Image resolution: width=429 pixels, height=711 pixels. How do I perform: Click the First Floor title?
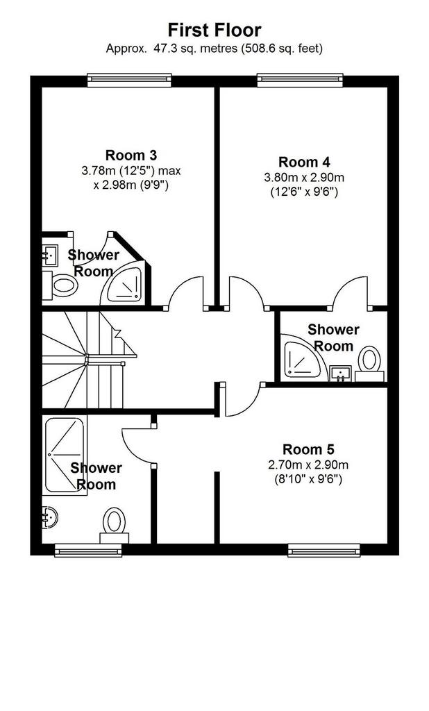coord(214,30)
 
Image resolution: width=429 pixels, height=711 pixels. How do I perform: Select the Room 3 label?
coord(131,155)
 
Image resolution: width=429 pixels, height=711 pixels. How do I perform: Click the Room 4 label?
coord(304,162)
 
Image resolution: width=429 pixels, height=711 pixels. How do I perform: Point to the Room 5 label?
coord(308,449)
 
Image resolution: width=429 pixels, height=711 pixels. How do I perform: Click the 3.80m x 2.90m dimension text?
coord(304,177)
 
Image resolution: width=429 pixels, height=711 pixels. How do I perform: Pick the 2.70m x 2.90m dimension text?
coord(308,465)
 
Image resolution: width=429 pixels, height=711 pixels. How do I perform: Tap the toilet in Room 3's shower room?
coord(60,285)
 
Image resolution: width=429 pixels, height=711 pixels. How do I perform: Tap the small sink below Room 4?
coord(341,373)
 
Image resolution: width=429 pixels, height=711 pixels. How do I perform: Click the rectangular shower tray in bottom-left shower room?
coord(65,454)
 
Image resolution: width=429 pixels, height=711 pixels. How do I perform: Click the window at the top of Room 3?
coord(129,81)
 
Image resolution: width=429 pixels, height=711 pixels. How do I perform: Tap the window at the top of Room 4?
coord(300,81)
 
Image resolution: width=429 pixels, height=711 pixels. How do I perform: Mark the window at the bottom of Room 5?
coord(323,550)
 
